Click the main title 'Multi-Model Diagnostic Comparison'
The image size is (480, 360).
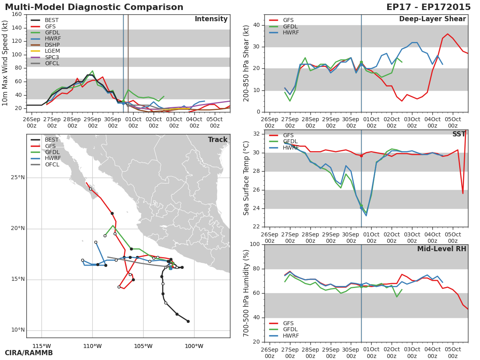(x=94, y=7)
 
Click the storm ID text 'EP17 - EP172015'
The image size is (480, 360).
(x=428, y=7)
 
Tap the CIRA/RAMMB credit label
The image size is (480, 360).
(x=29, y=353)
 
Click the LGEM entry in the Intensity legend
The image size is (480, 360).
(x=52, y=51)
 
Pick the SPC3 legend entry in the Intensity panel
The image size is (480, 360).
(x=52, y=57)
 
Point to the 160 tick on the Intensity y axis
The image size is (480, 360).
(x=17, y=14)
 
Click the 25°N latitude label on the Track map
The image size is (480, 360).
(x=18, y=178)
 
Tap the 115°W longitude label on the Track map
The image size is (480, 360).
(x=42, y=346)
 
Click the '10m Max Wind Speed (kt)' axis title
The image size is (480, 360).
(x=5, y=63)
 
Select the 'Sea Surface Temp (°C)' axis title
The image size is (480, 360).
(x=246, y=178)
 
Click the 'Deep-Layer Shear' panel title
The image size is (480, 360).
(x=432, y=19)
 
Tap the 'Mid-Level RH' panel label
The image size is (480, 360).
(x=441, y=249)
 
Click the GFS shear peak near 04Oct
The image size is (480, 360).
(x=447, y=34)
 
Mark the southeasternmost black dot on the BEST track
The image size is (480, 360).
(x=188, y=321)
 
